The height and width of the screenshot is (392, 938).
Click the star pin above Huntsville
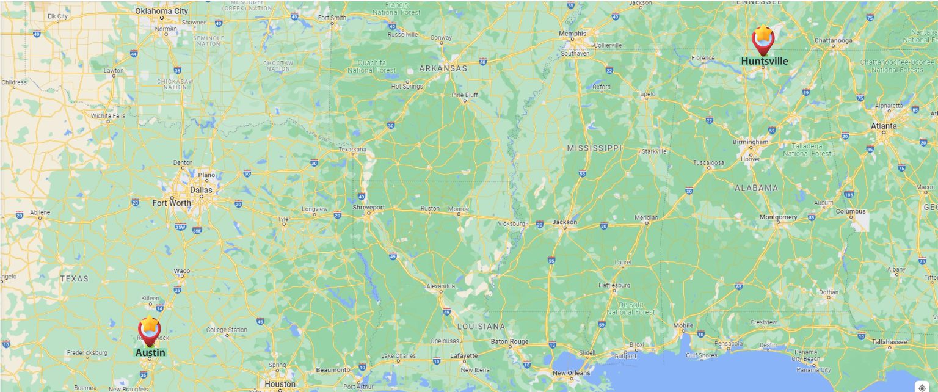click(763, 37)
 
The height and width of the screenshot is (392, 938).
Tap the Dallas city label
click(201, 189)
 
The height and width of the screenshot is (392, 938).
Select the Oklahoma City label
click(162, 11)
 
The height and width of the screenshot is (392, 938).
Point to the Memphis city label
click(573, 34)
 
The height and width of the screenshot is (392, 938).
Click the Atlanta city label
click(884, 126)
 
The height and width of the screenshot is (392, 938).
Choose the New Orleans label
click(571, 372)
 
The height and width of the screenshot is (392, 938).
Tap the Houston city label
click(280, 384)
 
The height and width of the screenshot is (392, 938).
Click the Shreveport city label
click(369, 208)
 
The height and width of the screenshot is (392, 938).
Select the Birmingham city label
click(751, 142)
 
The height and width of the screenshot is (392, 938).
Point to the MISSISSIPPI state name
click(594, 148)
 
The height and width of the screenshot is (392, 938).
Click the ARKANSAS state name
click(443, 68)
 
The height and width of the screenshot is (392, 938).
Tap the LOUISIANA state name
click(482, 326)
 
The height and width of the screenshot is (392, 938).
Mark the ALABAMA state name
click(756, 187)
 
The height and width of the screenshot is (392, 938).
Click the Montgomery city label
click(778, 217)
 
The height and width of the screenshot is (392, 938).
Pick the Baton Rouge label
click(509, 341)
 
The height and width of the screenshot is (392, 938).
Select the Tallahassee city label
click(889, 342)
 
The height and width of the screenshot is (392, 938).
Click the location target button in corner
click(922, 387)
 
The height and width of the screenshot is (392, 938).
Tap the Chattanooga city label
click(833, 41)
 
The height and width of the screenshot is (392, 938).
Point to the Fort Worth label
click(172, 203)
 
